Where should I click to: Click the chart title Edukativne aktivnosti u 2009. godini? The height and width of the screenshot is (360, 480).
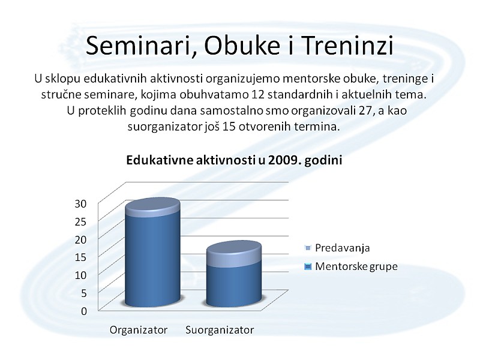coord(234,160)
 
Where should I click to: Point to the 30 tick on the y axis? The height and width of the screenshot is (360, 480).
coord(80,203)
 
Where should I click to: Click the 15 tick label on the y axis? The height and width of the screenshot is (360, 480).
coord(80,257)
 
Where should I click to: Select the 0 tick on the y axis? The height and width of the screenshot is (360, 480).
coord(84,311)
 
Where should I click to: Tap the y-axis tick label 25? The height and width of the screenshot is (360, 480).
coord(80,221)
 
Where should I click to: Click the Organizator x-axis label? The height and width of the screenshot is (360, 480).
coord(139,330)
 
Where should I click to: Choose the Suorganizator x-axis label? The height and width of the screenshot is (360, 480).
coord(220,330)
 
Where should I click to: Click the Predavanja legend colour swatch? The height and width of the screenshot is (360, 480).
coord(308,248)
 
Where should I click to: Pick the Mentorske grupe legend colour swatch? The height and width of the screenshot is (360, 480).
coord(308,266)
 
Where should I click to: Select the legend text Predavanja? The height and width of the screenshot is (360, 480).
coord(342,248)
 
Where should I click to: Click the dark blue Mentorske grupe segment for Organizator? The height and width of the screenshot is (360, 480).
coord(152,260)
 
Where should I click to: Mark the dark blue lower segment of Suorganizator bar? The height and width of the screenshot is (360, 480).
coord(234,284)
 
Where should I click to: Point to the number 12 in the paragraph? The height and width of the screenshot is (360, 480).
coord(258,94)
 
